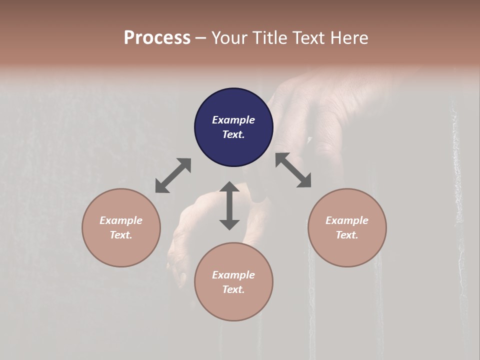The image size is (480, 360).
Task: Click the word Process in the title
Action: click(157, 38)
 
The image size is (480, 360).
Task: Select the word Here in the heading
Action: click(349, 38)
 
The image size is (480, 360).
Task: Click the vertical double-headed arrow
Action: click(229, 205)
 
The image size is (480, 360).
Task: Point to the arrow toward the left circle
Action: click(173, 175)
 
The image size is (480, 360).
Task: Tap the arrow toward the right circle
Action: click(293, 170)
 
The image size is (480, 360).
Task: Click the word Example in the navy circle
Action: click(233, 120)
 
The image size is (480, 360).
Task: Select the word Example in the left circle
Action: click(121, 220)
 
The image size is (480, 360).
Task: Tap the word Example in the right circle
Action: click(347, 220)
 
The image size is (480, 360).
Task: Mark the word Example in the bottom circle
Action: click(233, 275)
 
